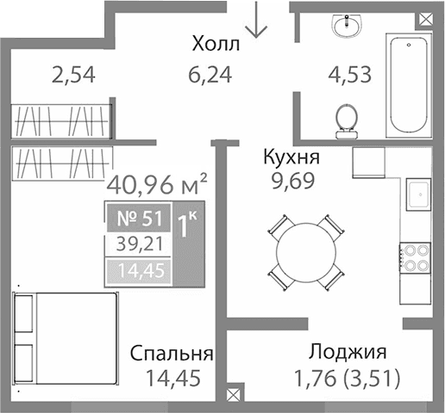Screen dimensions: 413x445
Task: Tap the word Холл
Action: coord(216,43)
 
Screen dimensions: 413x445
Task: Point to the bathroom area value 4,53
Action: coord(349,74)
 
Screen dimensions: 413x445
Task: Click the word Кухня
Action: coord(291,157)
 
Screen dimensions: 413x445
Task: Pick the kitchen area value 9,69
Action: coord(291,181)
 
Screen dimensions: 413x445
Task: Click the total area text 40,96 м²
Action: coord(156,183)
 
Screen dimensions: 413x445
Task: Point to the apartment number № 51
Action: coord(135,218)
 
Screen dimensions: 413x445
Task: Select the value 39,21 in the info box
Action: coord(136,244)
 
